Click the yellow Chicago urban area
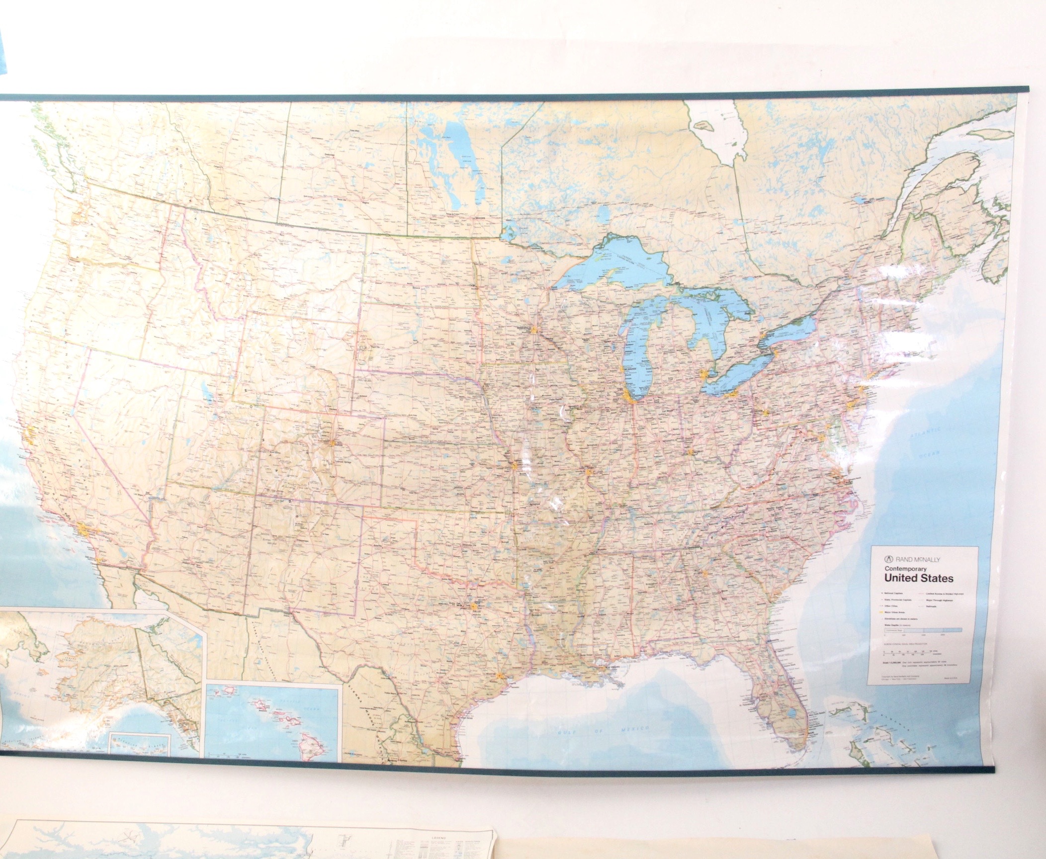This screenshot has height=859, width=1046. tap(628, 397)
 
